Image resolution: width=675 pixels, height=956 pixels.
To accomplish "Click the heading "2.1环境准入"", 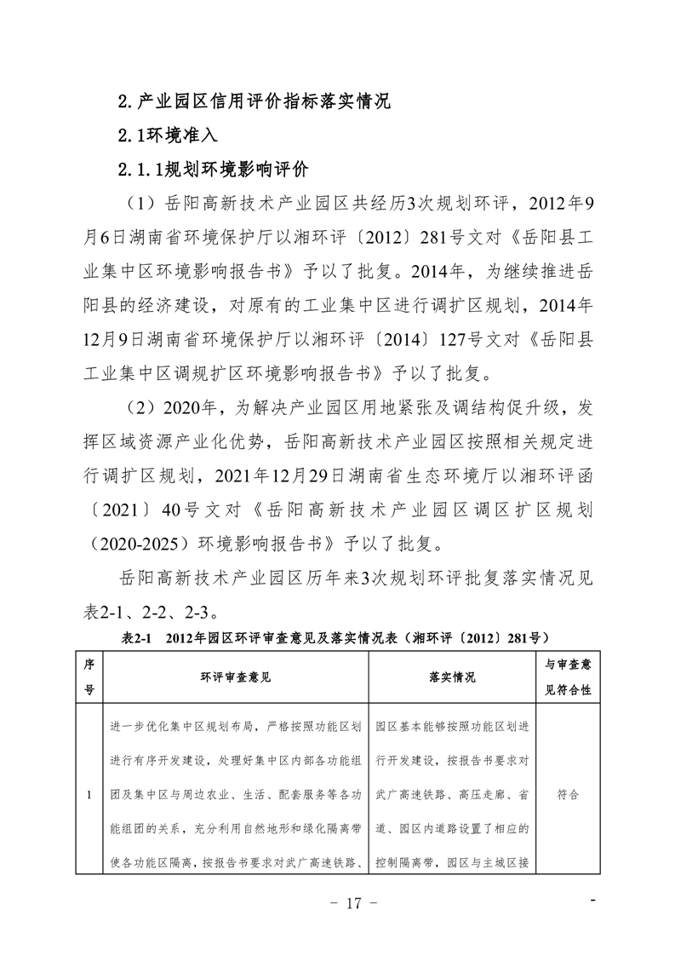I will (x=168, y=135).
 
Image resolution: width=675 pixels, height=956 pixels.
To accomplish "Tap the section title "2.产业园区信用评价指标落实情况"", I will (x=253, y=102).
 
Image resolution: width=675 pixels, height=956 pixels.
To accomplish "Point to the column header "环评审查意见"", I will (x=234, y=677).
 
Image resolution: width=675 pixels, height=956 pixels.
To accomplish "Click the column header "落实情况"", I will (x=453, y=677).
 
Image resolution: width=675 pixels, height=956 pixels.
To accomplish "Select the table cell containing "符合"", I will (x=568, y=794).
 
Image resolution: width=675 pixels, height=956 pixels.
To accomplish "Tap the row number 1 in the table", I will (x=89, y=794).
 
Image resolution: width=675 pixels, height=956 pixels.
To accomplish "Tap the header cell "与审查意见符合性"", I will (x=568, y=677).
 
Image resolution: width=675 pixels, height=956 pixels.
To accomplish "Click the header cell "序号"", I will (x=89, y=677).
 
